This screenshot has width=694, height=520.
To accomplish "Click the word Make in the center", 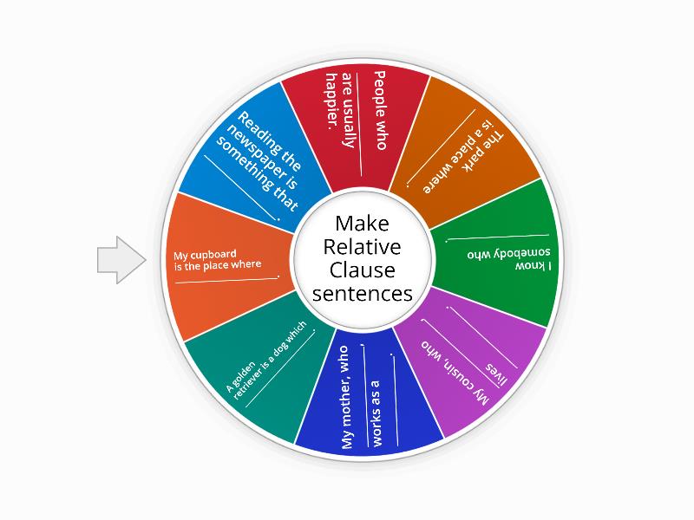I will [x=362, y=223].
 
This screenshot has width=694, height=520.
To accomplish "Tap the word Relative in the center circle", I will [x=362, y=246].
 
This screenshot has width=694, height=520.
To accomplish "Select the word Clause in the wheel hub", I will [x=362, y=270].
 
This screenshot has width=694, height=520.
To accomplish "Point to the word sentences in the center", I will [x=362, y=294].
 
